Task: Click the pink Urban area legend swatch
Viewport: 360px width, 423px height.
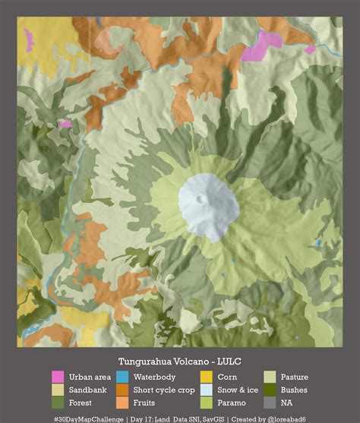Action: (58, 377)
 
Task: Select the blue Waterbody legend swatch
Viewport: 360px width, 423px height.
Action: (122, 377)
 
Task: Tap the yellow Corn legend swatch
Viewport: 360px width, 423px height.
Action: (206, 377)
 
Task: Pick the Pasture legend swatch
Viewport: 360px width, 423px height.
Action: (270, 377)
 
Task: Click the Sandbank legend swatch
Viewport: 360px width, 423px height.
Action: (58, 390)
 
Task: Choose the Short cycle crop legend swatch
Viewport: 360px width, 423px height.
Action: (122, 390)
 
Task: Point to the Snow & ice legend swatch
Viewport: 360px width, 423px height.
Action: (206, 390)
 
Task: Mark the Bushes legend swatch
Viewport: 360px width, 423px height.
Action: (270, 390)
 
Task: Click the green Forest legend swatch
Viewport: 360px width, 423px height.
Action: (58, 402)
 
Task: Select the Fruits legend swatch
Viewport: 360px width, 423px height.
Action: (122, 402)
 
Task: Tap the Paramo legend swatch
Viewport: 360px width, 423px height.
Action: (206, 402)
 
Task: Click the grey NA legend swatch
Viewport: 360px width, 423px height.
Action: (270, 402)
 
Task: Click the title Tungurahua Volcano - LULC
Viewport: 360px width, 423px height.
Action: (179, 361)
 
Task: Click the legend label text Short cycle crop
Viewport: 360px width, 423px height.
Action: (164, 390)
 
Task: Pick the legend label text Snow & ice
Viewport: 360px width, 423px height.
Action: (238, 390)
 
